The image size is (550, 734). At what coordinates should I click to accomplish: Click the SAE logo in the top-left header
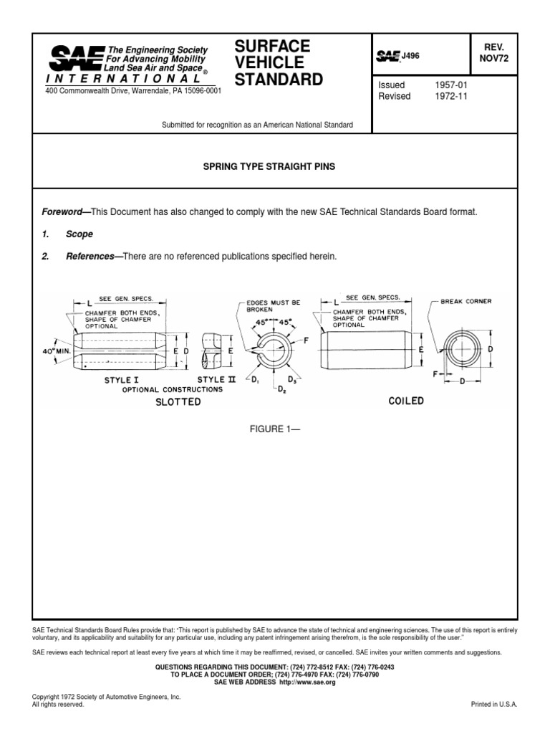coord(75,57)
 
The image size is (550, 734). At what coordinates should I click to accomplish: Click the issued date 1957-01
coord(450,85)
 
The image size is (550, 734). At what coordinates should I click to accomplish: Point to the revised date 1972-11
coord(450,97)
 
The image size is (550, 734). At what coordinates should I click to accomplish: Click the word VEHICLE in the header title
coord(268,62)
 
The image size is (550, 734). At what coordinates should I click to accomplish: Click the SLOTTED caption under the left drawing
coord(178,402)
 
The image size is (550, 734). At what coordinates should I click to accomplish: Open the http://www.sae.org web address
coord(307,683)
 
